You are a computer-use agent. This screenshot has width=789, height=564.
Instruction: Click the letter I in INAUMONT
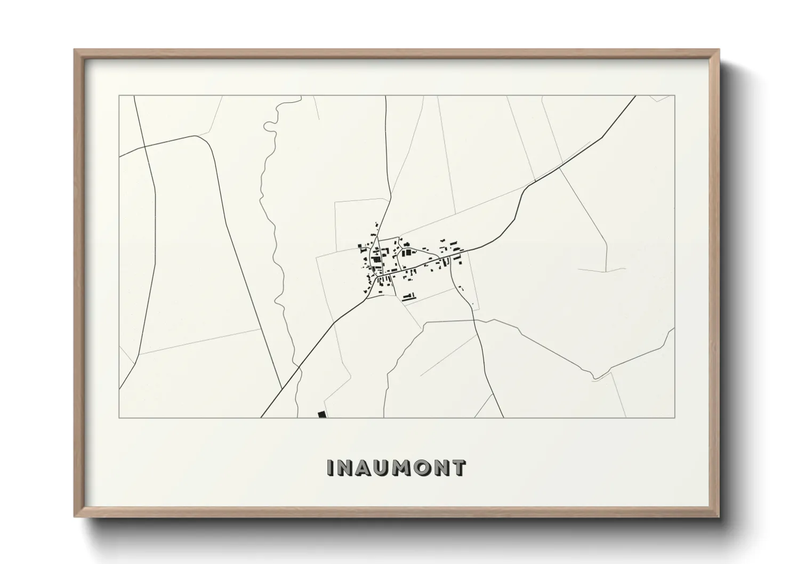331,468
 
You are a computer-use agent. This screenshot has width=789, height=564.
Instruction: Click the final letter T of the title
459,468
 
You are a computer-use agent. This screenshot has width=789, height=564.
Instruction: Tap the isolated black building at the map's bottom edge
321,414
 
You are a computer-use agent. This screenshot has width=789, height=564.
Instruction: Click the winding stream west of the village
269,213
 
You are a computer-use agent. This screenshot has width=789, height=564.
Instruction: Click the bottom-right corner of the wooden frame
718,517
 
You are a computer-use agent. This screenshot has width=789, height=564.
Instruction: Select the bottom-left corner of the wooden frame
75,517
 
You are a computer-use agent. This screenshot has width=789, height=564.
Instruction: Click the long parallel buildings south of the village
409,296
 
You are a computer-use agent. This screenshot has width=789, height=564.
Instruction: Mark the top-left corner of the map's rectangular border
119,96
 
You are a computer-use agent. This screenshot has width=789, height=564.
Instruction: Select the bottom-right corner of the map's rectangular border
674,417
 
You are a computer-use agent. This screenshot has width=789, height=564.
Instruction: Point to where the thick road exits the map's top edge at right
635,96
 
